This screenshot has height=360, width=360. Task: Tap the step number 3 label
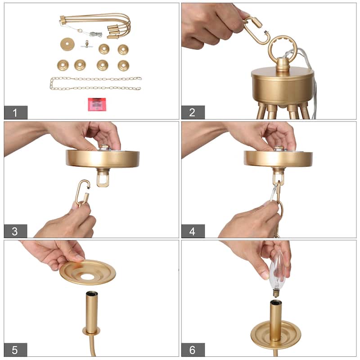16,231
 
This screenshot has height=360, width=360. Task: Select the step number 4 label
193,231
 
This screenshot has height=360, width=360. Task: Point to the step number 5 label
16,350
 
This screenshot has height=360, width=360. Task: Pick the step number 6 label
193,350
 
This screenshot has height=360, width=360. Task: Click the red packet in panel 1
97,104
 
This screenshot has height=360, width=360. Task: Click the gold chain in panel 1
95,83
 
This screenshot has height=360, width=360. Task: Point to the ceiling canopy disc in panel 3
103,158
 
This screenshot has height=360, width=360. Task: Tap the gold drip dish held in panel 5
88,272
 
